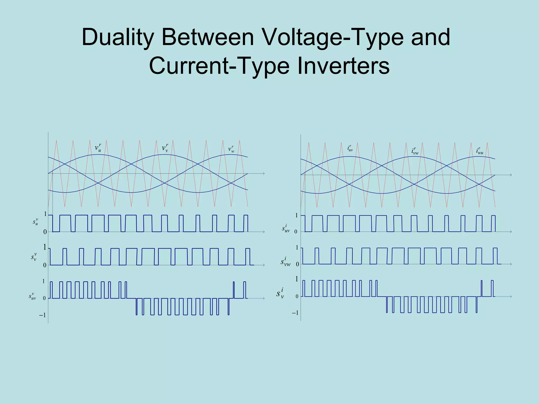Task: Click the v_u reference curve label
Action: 98,148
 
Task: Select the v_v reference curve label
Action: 165,148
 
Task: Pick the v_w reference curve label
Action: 231,149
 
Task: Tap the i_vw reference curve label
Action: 415,151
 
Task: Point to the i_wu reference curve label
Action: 480,151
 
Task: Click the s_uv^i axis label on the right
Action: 286,228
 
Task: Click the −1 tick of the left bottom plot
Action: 42,315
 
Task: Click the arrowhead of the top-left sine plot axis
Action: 263,173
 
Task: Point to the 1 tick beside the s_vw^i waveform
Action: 297,248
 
